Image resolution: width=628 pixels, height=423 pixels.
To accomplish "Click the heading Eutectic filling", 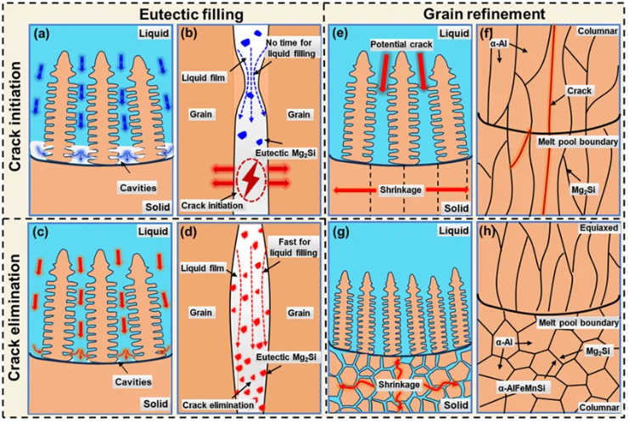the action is coord(191,14).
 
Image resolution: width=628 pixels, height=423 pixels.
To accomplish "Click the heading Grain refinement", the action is coord(485,14).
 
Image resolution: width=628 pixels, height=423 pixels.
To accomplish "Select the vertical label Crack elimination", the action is coord(14,317).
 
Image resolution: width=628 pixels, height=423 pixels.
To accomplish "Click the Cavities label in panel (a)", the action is coord(138,188).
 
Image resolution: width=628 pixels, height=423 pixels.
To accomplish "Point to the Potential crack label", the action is coord(401,44).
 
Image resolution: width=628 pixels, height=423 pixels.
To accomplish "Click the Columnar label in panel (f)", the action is coord(597,31).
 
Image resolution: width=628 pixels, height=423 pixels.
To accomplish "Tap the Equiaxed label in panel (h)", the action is coord(599,228).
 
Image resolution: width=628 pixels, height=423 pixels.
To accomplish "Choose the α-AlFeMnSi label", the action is coord(524,387).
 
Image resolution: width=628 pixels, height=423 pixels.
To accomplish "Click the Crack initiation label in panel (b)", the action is coord(212,206).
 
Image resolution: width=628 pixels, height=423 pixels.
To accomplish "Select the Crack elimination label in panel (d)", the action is coord(218,405).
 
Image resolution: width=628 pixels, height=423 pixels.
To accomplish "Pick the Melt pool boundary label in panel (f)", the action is coord(578,142).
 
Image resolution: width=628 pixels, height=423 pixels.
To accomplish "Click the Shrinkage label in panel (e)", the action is coord(401,189).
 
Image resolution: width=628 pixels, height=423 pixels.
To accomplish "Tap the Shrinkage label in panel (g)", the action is coord(400,385).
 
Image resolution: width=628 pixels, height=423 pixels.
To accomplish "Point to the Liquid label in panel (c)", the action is coord(154,232).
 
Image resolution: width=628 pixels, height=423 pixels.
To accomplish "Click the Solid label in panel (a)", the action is coord(157,207).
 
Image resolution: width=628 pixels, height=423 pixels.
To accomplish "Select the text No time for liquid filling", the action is coord(289,48).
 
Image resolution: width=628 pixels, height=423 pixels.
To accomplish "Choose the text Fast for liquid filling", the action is coord(294,247).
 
